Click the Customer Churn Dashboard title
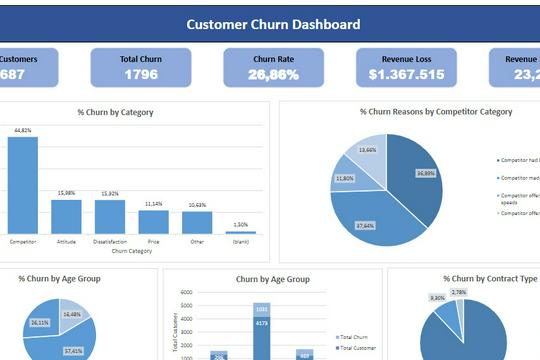point(273,24)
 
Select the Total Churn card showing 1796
point(141,67)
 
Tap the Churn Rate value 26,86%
point(273,74)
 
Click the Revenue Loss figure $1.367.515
point(406,74)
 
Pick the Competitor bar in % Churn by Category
point(23,185)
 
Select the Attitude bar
point(66,215)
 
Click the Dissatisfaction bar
point(110,216)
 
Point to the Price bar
point(153,221)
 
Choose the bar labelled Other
point(197,222)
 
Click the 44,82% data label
point(23,130)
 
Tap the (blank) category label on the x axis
point(240,241)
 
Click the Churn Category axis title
point(131,251)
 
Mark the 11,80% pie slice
point(346,177)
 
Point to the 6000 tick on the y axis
point(186,293)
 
